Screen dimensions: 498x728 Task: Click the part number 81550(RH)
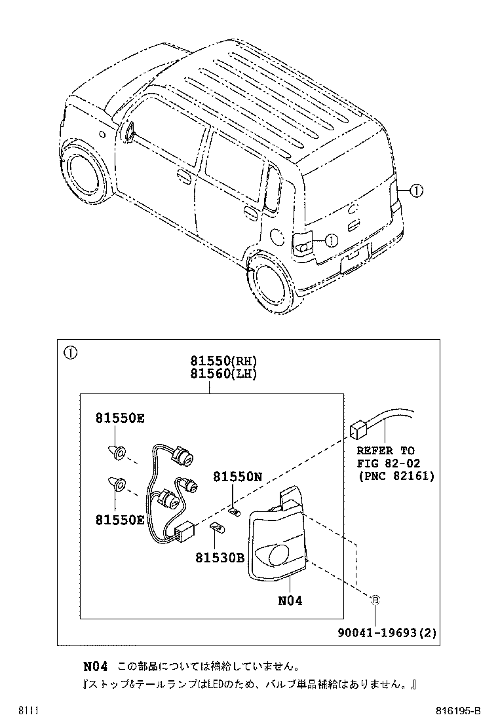click(x=223, y=361)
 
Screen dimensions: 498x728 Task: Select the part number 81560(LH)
click(x=223, y=373)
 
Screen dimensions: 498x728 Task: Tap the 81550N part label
click(x=238, y=477)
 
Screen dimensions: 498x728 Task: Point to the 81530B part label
click(x=220, y=557)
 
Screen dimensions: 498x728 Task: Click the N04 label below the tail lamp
click(x=290, y=600)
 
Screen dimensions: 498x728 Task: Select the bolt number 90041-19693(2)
click(x=387, y=632)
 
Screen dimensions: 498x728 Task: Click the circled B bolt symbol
click(x=375, y=600)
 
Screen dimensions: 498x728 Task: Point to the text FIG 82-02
click(x=389, y=463)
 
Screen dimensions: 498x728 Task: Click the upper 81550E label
click(x=120, y=418)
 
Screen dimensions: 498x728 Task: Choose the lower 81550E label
click(x=120, y=520)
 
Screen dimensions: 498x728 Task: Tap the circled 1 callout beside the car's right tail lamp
click(x=416, y=191)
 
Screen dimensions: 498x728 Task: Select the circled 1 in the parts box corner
click(x=71, y=353)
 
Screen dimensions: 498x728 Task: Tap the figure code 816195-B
click(x=458, y=711)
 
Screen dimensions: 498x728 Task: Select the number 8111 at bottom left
click(x=28, y=711)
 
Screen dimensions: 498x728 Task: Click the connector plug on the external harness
click(x=357, y=429)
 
